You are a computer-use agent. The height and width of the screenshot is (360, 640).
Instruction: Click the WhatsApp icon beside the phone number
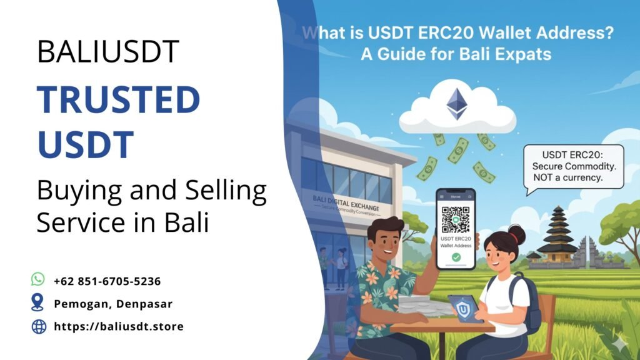pos(38,279)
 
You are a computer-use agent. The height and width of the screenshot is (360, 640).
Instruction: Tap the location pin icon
pos(38,302)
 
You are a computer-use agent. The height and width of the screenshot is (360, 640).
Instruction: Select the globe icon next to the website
pos(39,326)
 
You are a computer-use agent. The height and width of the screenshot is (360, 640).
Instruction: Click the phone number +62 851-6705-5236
pos(107,281)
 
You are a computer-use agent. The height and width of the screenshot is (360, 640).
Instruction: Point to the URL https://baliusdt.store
pos(119,326)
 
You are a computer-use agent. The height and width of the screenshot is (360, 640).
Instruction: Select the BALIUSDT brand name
pos(108,51)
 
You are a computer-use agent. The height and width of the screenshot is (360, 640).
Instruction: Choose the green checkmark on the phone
pos(456,257)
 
